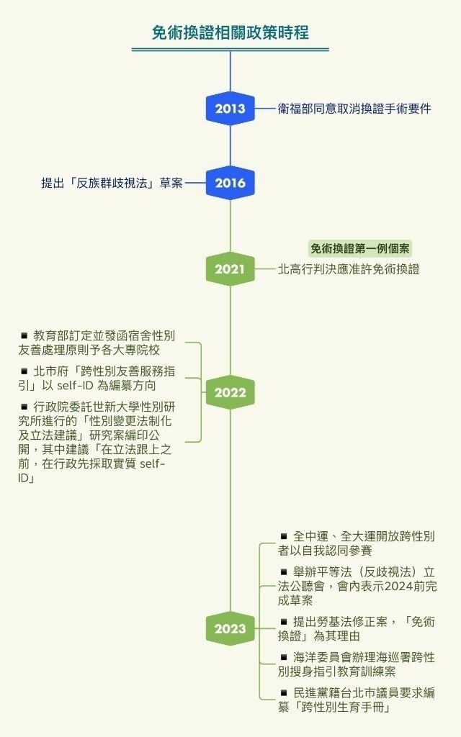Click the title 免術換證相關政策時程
point(230,33)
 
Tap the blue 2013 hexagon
point(230,109)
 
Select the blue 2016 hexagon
point(230,183)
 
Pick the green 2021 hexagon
point(230,269)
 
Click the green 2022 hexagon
point(230,392)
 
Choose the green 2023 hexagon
point(230,628)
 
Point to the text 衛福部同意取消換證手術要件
point(354,109)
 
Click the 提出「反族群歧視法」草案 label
point(112,183)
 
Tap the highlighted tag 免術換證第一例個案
point(360,248)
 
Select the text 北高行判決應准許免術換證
point(349,269)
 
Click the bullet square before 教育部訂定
point(24,335)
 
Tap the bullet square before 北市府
point(24,371)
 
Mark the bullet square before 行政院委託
point(24,407)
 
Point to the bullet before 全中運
point(284,535)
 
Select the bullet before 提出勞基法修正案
point(284,621)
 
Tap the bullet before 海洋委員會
point(284,657)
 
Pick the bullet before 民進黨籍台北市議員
point(284,692)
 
